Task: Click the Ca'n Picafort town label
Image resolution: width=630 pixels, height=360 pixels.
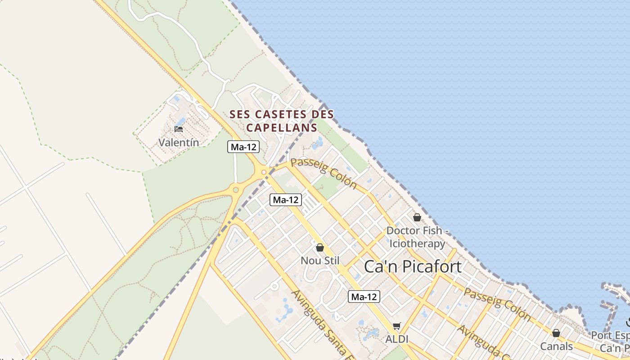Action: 412,267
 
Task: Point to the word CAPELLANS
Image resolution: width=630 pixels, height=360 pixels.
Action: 282,128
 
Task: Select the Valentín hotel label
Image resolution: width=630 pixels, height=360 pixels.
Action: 179,142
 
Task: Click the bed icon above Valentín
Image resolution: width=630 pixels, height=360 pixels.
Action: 179,129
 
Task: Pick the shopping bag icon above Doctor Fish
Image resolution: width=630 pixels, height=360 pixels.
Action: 417,218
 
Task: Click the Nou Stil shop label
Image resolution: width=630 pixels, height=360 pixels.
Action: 320,261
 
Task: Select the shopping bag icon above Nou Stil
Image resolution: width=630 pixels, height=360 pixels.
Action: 320,247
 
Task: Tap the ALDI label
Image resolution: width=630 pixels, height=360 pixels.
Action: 396,339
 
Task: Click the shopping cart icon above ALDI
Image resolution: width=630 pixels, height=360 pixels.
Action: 396,326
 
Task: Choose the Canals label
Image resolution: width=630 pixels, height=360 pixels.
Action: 557,346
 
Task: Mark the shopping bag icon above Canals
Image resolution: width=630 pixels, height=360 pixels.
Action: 556,333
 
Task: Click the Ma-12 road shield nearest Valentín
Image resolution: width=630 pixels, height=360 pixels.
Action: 243,147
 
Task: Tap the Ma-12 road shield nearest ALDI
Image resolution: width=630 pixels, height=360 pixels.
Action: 364,297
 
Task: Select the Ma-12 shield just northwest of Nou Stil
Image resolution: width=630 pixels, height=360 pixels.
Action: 286,200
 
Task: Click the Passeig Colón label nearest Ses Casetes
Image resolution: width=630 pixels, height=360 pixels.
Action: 324,173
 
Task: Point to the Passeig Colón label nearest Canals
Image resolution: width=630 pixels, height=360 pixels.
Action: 497,304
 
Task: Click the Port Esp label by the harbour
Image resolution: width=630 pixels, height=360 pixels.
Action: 610,336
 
